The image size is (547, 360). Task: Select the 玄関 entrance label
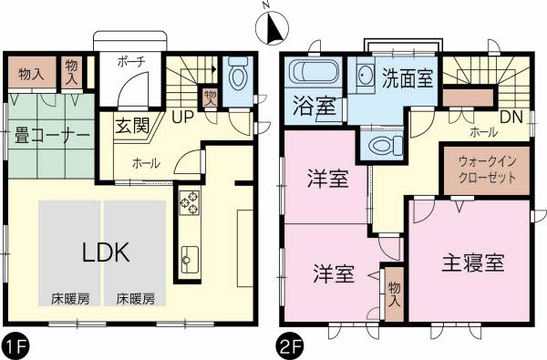(x=132, y=126)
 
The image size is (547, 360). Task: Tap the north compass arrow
(x=271, y=29)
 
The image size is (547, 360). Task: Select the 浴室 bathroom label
(x=312, y=106)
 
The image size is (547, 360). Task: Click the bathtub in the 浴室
(x=313, y=72)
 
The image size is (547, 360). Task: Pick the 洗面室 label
(x=407, y=77)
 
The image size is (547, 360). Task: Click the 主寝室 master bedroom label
(x=473, y=263)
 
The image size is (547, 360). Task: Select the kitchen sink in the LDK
(x=190, y=259)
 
